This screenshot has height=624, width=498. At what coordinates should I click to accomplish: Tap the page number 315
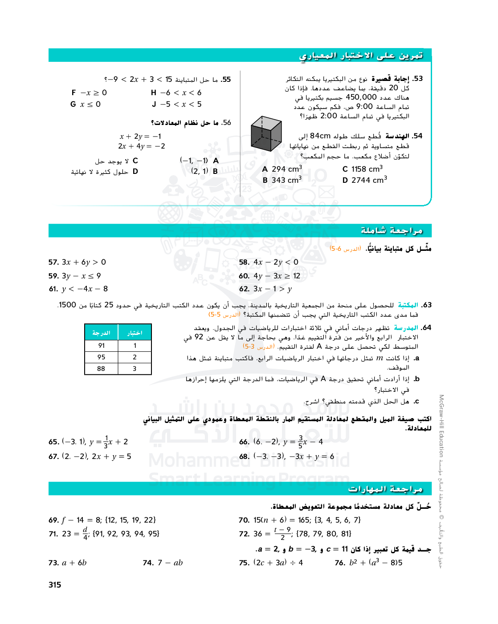click(x=55, y=584)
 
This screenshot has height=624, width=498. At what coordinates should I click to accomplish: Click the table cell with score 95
click(x=101, y=357)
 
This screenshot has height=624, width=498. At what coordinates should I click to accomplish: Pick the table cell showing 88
click(x=101, y=368)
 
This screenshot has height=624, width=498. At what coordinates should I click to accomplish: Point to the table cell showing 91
click(x=101, y=345)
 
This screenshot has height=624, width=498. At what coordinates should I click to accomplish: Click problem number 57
click(x=53, y=262)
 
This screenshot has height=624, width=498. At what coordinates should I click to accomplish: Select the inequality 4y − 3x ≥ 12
click(x=277, y=276)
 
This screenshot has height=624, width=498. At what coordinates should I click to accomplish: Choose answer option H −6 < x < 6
click(x=176, y=93)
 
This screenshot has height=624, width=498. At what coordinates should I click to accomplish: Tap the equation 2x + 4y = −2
click(x=142, y=146)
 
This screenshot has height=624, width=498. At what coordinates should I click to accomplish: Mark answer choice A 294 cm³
click(x=282, y=169)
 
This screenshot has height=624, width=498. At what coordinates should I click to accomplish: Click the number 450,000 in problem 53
click(x=361, y=97)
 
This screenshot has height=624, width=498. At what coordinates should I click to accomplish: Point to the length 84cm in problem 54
click(x=320, y=136)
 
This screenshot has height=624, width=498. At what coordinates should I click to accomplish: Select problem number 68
click(x=244, y=456)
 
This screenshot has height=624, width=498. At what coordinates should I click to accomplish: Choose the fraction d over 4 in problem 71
click(x=85, y=533)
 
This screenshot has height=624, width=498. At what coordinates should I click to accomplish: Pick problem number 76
click(x=340, y=563)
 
